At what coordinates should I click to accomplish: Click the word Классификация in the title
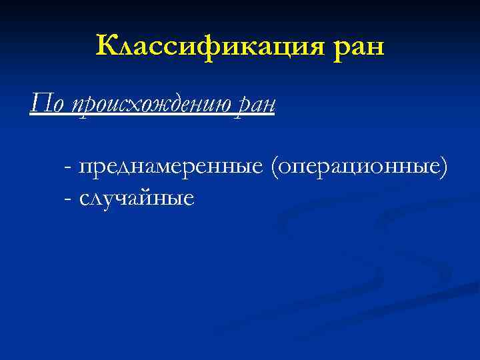click(209, 47)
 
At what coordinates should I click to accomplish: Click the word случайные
click(137, 197)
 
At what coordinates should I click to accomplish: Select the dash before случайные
click(69, 199)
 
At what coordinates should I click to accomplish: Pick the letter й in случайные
click(155, 197)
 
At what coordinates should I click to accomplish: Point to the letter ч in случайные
click(127, 198)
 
